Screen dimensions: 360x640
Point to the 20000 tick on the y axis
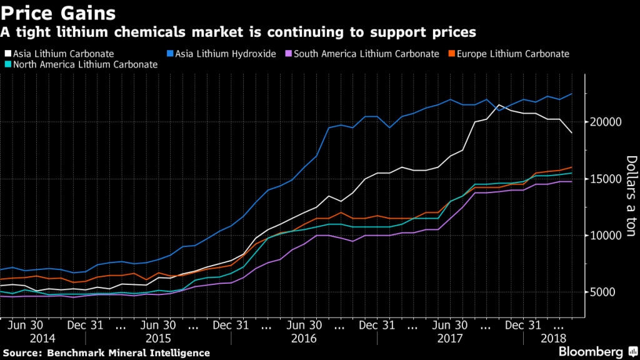pos(604,122)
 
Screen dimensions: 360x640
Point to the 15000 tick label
pos(604,179)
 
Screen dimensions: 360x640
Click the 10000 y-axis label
pos(604,236)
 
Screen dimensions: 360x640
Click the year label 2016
pos(304,338)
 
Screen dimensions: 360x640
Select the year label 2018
pos(552,338)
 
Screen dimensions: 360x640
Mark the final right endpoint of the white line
pos(571,133)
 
